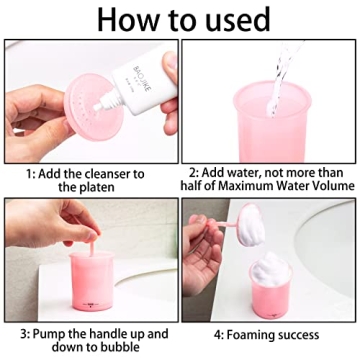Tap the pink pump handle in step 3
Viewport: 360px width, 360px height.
point(96,249)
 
